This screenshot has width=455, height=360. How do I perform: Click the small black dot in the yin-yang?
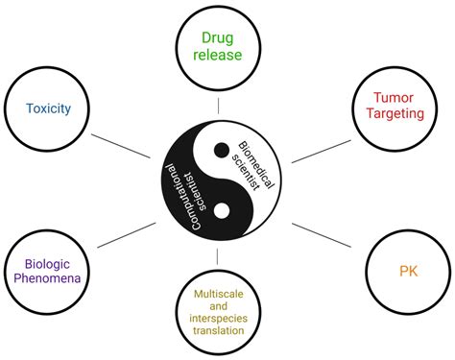tap(222, 149)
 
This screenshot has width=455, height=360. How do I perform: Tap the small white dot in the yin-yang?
tap(222, 209)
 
